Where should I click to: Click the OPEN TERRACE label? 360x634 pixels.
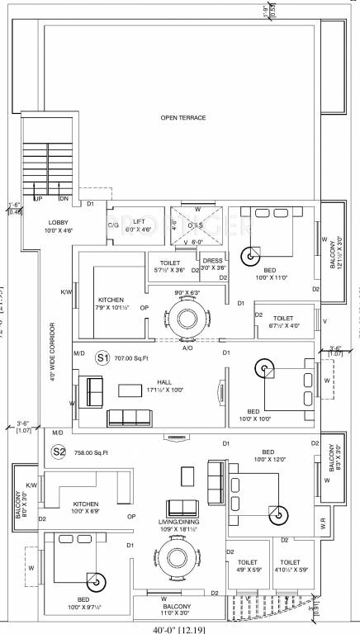click(183, 118)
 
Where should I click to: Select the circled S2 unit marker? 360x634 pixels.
click(59, 451)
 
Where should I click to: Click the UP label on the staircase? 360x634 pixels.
click(38, 198)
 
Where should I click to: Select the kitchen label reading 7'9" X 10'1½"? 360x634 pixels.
click(112, 304)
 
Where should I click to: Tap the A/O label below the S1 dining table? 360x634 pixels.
click(187, 348)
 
